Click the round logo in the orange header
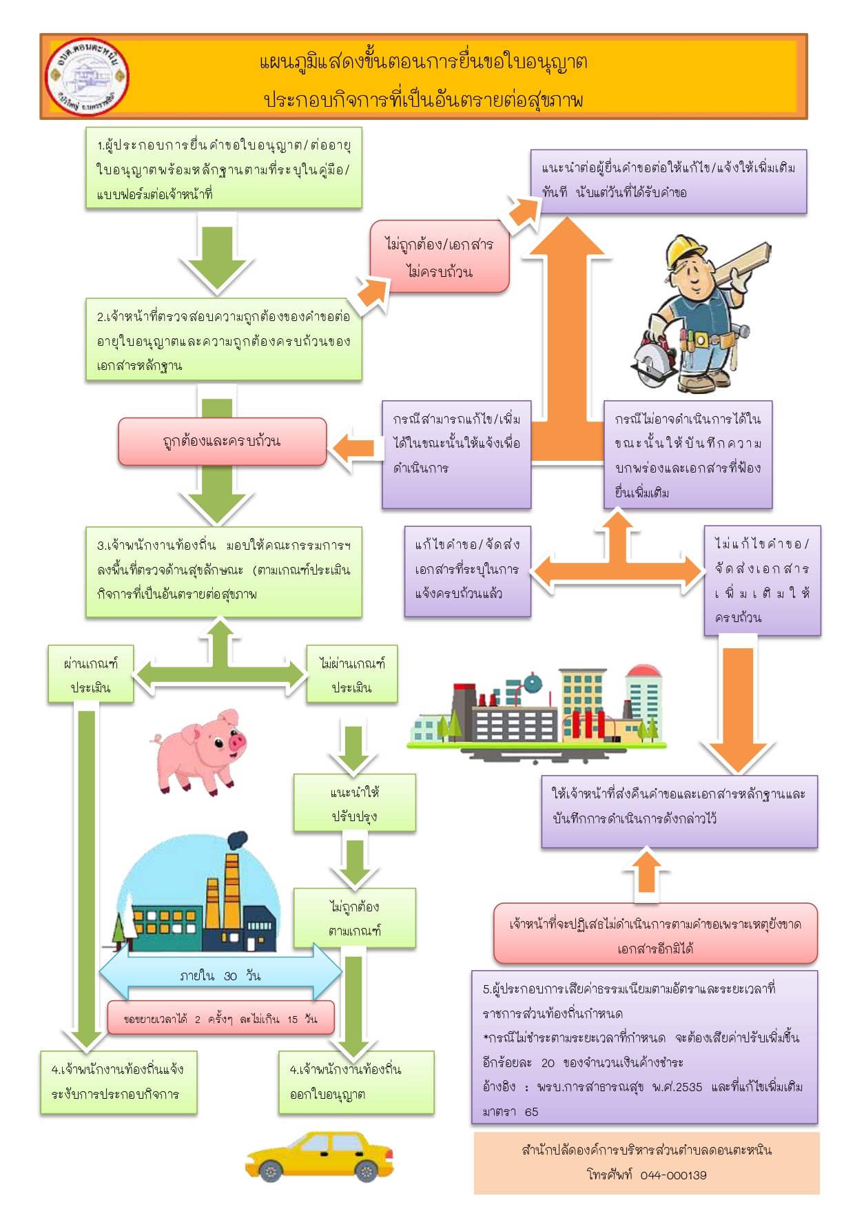point(87,76)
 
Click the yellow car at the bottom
point(319,1157)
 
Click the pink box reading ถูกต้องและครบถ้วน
point(222,442)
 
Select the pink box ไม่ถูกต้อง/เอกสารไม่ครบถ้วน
point(440,257)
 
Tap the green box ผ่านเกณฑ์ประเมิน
point(90,674)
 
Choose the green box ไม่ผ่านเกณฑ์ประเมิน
point(351,674)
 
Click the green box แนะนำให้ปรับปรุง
point(354,803)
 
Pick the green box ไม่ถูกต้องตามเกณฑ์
point(354,918)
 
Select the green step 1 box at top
point(224,168)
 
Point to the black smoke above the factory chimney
point(236,840)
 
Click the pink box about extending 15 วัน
point(220,1018)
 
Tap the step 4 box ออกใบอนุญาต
point(356,1082)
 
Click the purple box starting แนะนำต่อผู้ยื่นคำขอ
point(668,181)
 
